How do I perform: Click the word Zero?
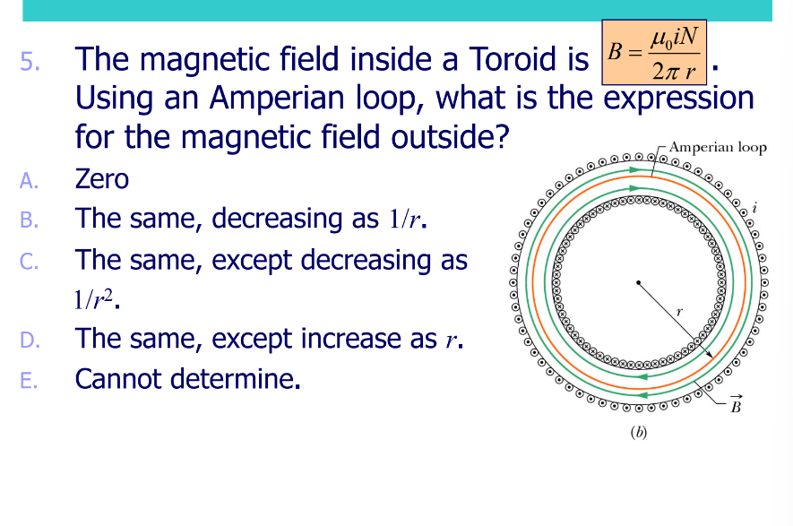click(x=101, y=179)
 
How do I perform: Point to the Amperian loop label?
click(x=717, y=147)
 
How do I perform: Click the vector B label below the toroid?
click(x=735, y=406)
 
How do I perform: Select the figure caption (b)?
click(x=638, y=433)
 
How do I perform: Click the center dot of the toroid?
click(x=637, y=283)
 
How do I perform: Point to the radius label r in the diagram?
click(x=679, y=309)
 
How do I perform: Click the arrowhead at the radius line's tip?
click(x=710, y=356)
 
